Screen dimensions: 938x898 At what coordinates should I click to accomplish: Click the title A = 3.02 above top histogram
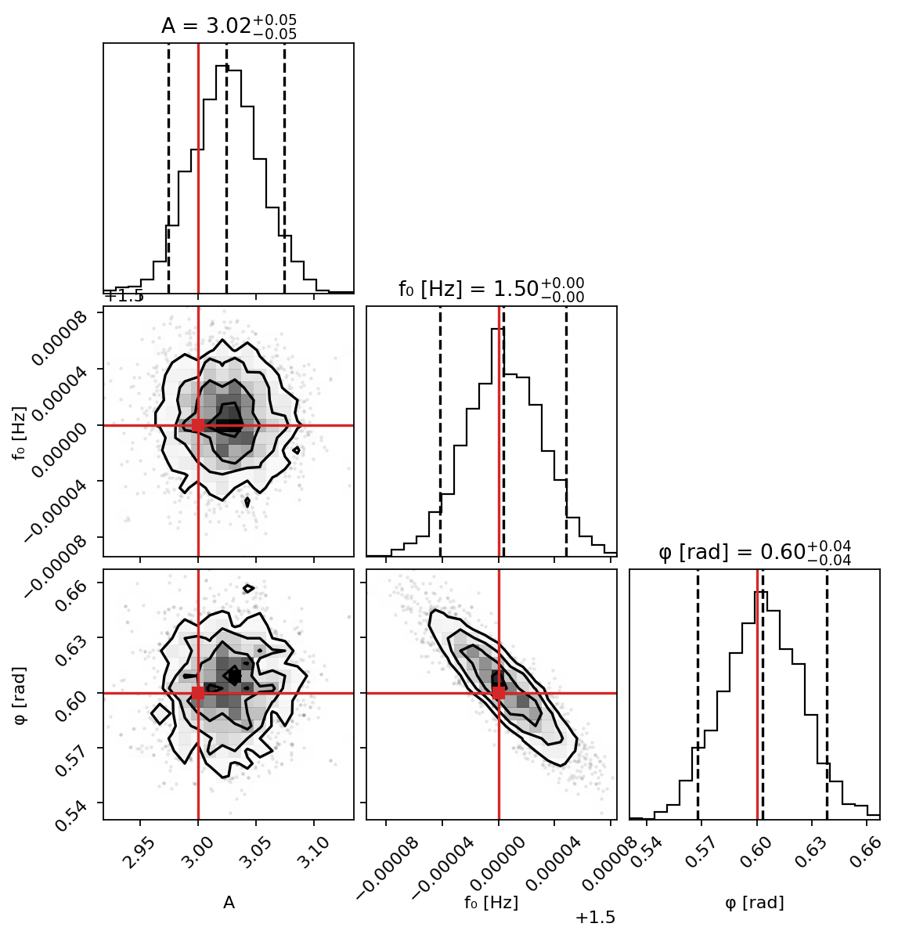[x=229, y=26]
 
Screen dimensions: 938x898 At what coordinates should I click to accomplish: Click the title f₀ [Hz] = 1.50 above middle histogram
[x=491, y=289]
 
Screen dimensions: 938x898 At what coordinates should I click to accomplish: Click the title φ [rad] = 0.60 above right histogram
[x=755, y=552]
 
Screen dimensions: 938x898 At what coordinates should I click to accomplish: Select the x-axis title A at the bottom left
[x=229, y=903]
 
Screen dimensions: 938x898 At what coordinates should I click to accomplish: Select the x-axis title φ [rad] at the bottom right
[x=755, y=903]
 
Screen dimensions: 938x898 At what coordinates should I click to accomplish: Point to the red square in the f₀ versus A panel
[x=198, y=425]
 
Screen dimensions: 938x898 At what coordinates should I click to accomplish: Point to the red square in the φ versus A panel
[x=198, y=693]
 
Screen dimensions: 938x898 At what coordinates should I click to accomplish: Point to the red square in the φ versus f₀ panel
[x=499, y=693]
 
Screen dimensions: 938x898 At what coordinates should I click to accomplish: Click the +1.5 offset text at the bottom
[x=595, y=918]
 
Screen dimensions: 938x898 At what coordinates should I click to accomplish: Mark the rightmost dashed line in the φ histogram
[x=827, y=689]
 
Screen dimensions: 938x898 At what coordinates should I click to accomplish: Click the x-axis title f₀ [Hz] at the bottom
[x=491, y=903]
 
